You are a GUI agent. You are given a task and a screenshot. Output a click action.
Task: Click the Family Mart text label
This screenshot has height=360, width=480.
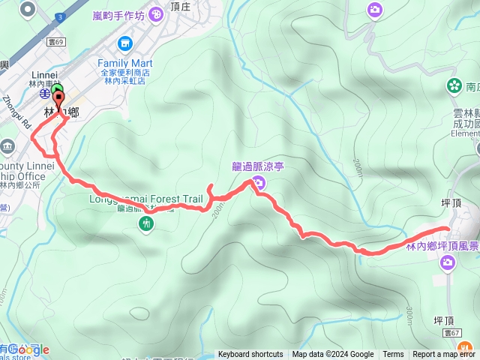pyautogui.click(x=125, y=63)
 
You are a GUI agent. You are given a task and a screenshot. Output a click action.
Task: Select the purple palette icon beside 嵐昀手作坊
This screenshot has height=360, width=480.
pyautogui.click(x=155, y=13)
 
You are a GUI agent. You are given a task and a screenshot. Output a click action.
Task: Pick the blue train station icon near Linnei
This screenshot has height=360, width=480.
pyautogui.click(x=46, y=95)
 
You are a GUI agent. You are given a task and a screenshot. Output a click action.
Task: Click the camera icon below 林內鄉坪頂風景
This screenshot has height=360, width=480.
pyautogui.click(x=448, y=262)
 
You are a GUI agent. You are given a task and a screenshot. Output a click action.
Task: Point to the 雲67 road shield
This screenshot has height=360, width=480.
pyautogui.click(x=451, y=332)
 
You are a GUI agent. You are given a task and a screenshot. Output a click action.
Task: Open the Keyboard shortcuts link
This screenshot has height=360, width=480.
pyautogui.click(x=250, y=355)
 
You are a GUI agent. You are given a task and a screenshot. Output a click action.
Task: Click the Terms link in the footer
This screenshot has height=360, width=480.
pyautogui.click(x=393, y=355)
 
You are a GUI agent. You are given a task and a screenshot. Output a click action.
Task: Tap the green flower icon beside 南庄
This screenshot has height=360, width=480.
pyautogui.click(x=453, y=85)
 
